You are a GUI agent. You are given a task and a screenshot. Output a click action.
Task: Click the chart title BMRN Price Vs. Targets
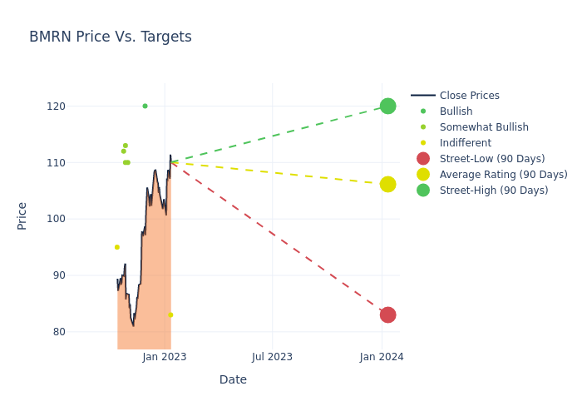coord(111,37)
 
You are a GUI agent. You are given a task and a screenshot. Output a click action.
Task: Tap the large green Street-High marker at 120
coord(387,106)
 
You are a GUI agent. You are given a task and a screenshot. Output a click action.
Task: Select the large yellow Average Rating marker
coord(387,184)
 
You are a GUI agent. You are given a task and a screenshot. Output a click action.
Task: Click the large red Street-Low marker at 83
coord(387,314)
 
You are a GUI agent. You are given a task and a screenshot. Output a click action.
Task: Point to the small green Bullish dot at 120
coord(145,106)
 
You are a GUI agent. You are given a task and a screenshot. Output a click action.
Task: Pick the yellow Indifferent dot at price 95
coord(116,247)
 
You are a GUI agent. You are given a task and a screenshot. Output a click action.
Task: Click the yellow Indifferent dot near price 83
coord(170,314)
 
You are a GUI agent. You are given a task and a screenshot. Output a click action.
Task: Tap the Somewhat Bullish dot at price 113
coord(126,146)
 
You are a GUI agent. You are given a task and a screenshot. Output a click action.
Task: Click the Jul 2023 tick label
coord(273,357)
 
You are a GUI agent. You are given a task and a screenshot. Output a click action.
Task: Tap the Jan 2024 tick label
coord(382,357)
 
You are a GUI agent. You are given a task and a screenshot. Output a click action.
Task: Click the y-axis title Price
coord(22,215)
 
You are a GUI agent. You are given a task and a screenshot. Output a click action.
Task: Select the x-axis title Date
coord(233,379)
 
